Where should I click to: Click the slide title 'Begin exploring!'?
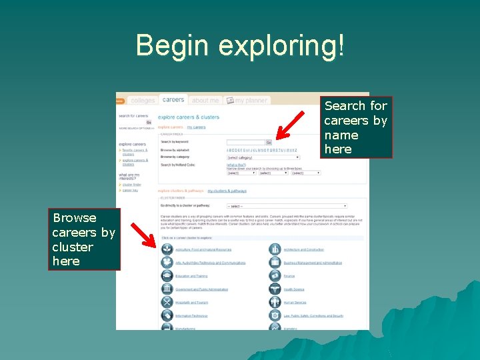click(x=240, y=45)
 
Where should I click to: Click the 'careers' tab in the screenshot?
click(x=173, y=99)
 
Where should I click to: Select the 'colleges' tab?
click(x=143, y=101)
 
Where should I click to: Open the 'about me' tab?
click(x=205, y=101)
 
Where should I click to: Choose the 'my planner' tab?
click(x=247, y=101)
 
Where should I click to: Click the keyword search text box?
click(x=246, y=142)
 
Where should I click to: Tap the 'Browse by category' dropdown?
click(x=263, y=157)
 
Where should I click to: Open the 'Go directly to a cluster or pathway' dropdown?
click(x=287, y=206)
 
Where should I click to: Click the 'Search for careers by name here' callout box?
click(x=356, y=127)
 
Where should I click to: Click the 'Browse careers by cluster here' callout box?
click(x=84, y=239)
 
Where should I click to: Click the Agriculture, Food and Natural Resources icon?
click(x=167, y=249)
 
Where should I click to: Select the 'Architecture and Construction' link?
click(x=303, y=250)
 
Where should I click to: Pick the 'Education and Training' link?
click(x=191, y=276)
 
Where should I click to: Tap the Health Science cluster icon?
click(x=275, y=289)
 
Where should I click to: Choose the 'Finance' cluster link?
click(x=289, y=276)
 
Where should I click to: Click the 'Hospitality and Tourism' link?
click(x=192, y=303)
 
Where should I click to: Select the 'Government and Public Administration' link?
click(x=201, y=289)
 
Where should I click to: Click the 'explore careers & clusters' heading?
click(x=189, y=117)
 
